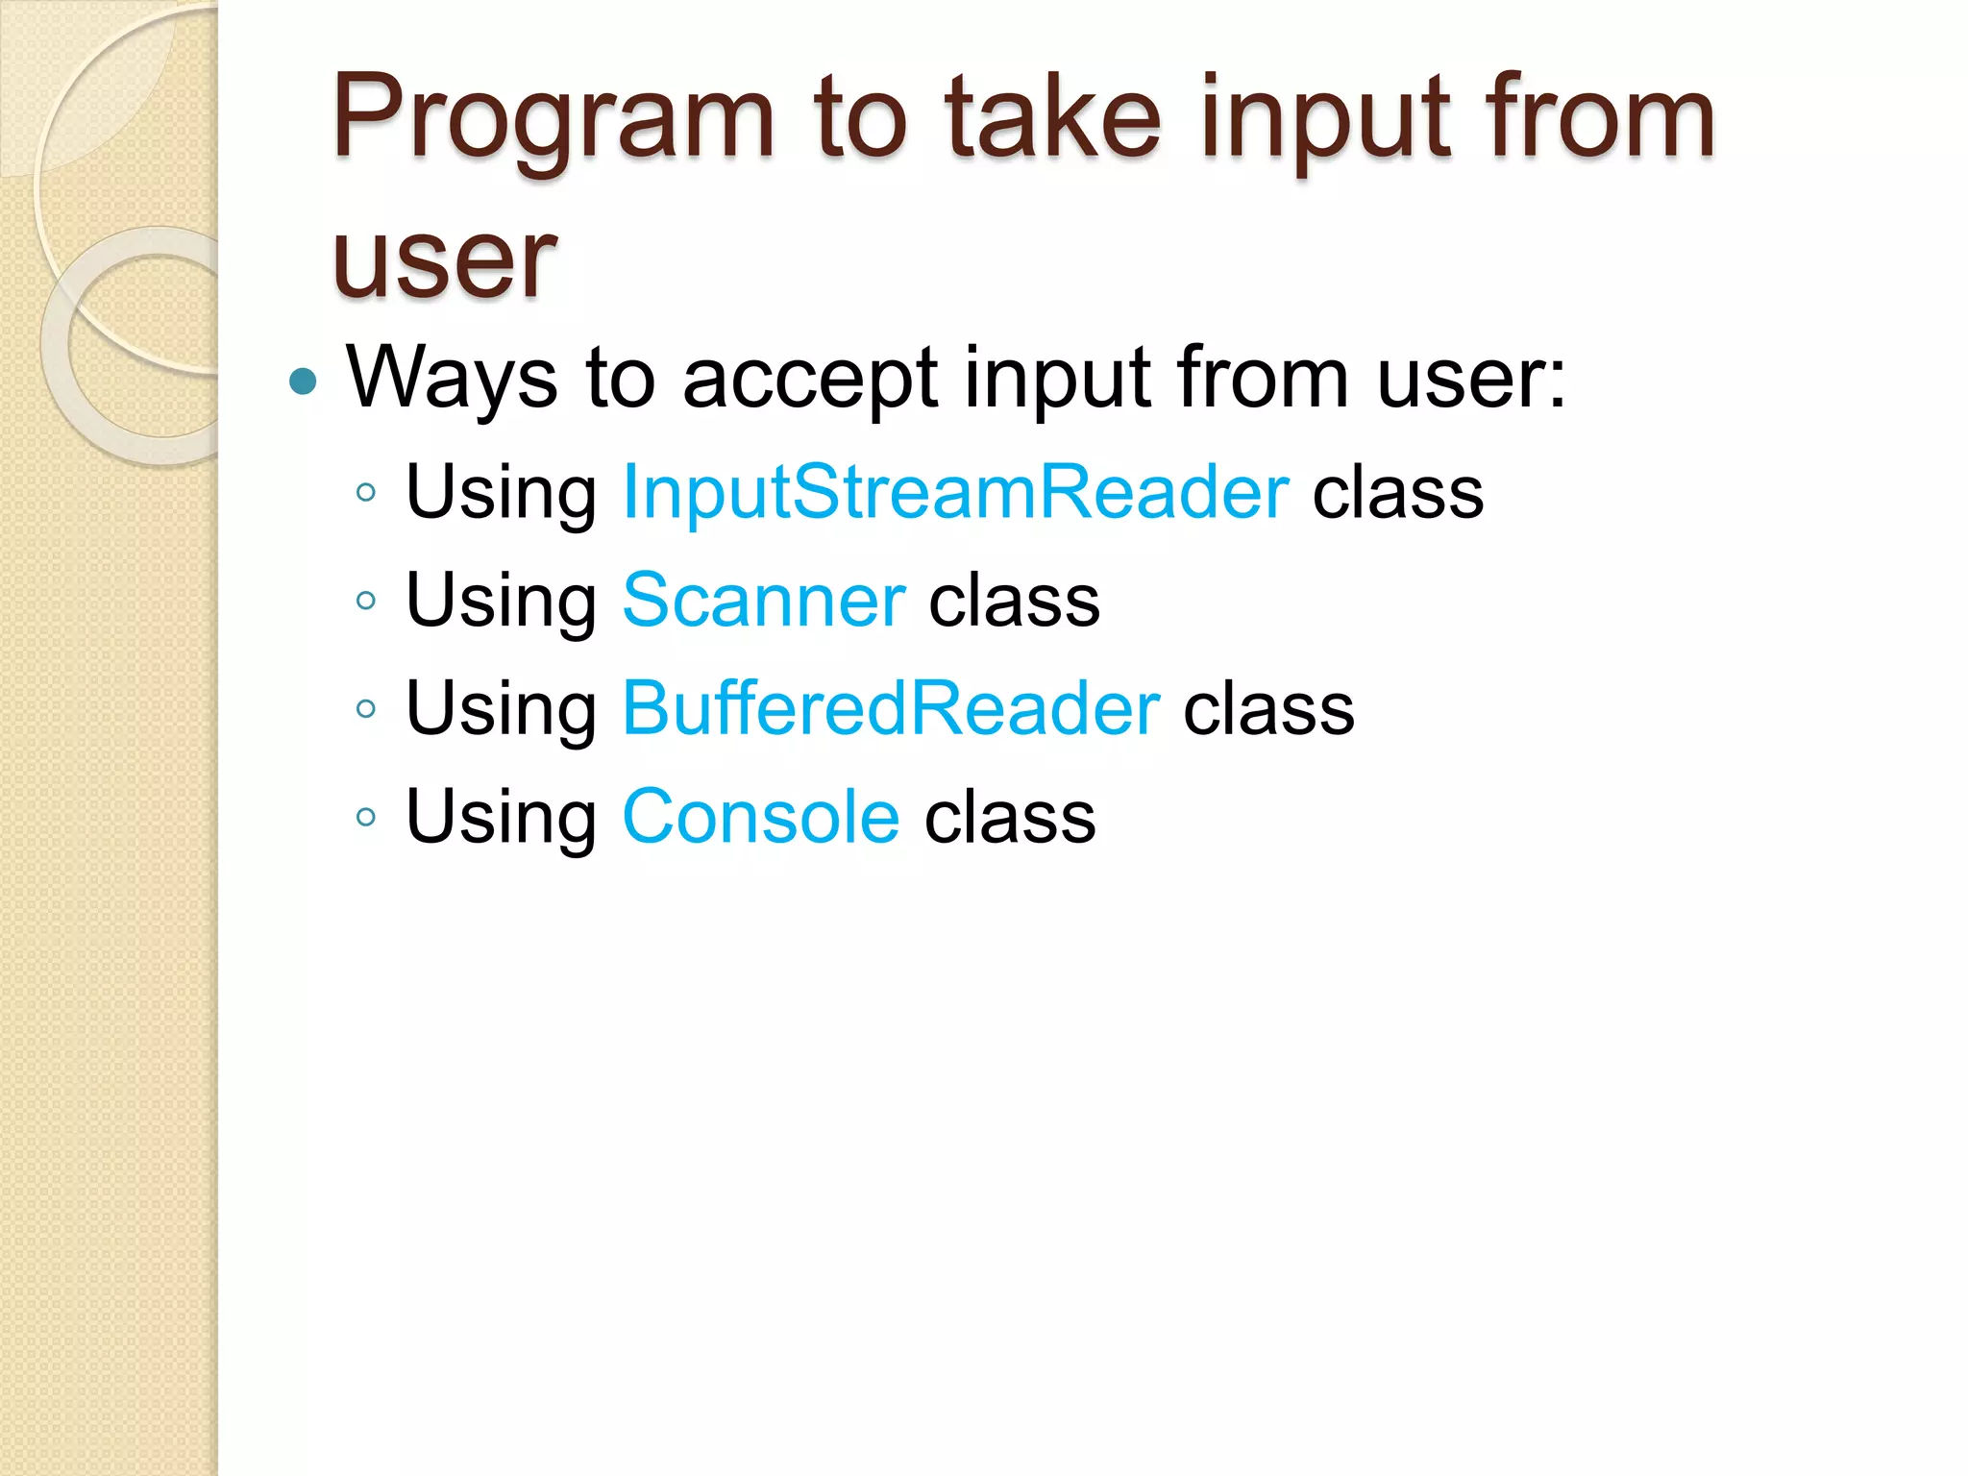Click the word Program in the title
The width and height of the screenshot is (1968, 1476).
553,120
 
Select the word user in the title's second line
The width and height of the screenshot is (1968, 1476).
444,259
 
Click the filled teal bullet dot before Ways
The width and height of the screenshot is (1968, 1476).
303,381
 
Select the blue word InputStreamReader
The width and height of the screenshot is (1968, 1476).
956,492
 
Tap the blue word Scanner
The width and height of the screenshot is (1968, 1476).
764,601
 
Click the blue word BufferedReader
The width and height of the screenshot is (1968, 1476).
892,708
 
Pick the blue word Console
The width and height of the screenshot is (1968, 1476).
761,817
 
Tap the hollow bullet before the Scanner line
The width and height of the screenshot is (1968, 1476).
365,602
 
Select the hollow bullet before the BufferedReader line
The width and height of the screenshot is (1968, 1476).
365,710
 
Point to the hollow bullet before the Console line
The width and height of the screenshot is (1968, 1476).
365,818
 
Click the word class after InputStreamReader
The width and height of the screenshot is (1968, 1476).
1397,492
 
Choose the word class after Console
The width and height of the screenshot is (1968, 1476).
1010,817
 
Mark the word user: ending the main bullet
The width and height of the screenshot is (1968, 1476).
1471,378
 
